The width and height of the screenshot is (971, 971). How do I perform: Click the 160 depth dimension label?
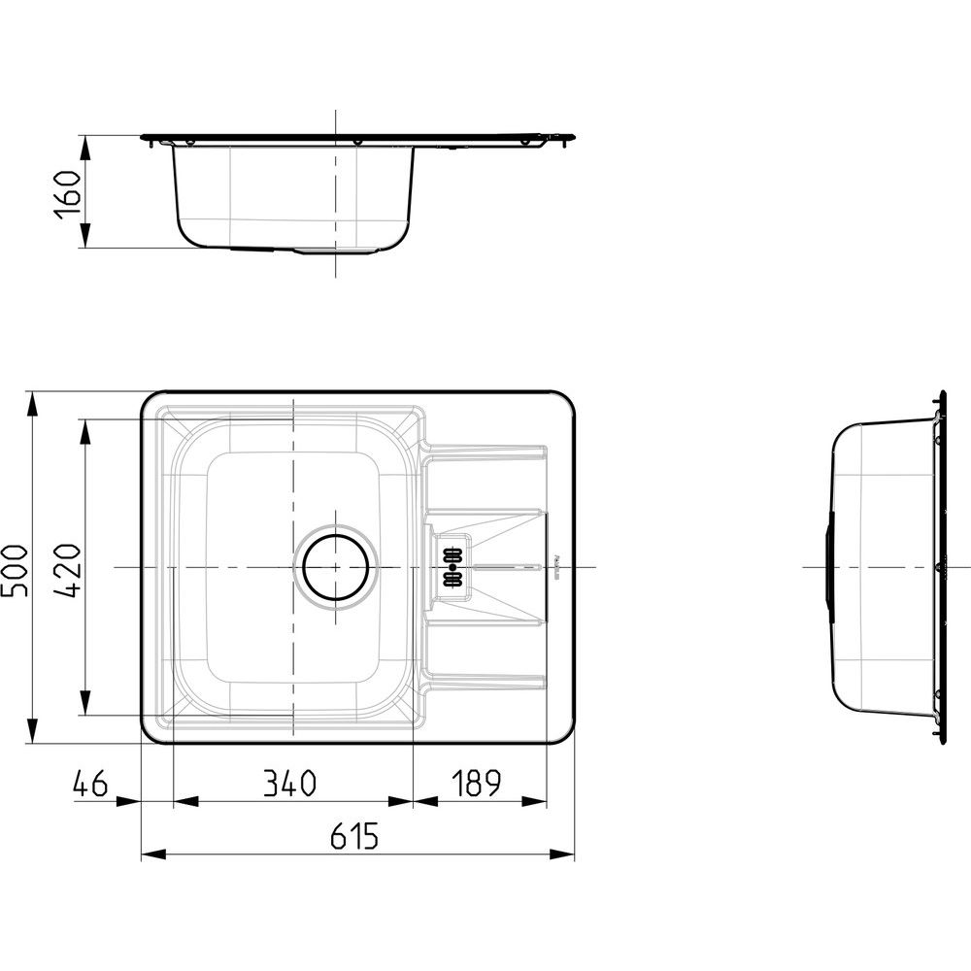68,194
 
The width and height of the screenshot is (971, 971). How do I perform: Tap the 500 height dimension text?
15,570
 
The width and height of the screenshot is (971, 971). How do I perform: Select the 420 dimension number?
68,570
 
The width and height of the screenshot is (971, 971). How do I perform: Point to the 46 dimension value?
90,784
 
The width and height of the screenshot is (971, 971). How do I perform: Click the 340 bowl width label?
289,784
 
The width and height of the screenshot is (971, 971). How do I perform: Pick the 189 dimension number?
476,784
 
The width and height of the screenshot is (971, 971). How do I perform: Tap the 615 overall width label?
353,837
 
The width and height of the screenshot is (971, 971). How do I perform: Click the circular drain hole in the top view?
336,567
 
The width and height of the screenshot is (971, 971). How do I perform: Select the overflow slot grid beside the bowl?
452,567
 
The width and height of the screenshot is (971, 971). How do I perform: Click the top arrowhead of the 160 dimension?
84,148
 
